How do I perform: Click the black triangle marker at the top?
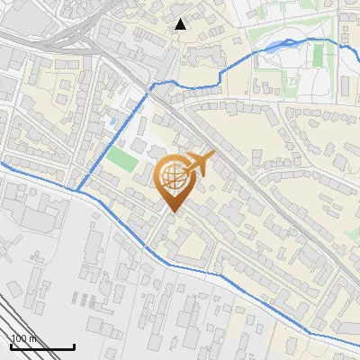[181, 24]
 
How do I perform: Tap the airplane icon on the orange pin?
[199, 165]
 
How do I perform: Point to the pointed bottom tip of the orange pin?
[174, 211]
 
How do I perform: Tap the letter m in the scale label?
[33, 338]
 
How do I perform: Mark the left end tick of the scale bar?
[11, 346]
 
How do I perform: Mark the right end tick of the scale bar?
[74, 346]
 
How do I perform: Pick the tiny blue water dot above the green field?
[112, 121]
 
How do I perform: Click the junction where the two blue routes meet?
[76, 192]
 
